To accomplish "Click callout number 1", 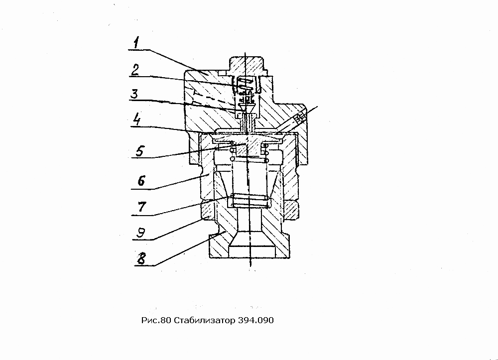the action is pos(136,43).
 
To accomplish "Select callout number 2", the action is pos(135,70).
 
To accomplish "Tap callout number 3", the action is pos(134,94).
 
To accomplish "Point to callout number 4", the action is pos(136,120).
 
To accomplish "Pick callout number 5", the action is pos(140,151).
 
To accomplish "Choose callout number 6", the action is pos(141,181).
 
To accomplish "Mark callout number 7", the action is pos(141,207).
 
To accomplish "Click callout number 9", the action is pos(141,233).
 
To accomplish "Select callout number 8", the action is pos(141,258).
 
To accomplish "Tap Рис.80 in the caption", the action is pos(156,320).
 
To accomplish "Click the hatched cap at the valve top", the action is pos(247,67).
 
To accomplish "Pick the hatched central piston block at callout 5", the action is pos(248,147).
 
